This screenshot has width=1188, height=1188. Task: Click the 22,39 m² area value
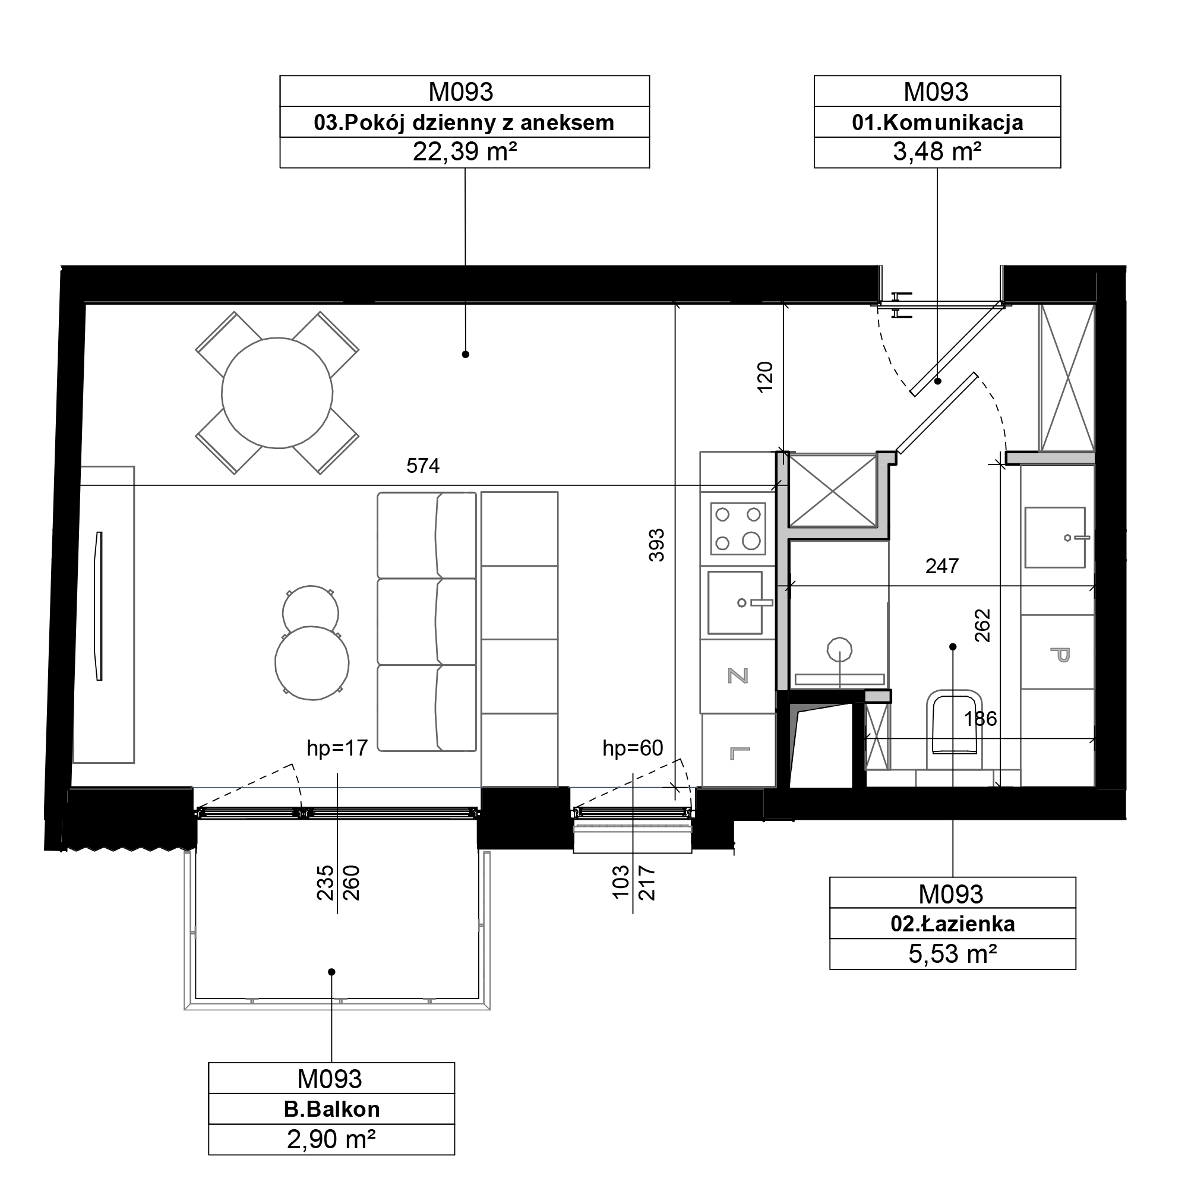tap(465, 151)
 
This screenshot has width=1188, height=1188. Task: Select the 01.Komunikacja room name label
tap(937, 122)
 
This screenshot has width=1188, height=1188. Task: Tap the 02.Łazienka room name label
tap(953, 924)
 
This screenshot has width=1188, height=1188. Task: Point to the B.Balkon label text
tap(331, 1108)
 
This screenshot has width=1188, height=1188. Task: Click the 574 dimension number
tap(422, 466)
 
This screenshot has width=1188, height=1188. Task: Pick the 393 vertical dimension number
tap(657, 545)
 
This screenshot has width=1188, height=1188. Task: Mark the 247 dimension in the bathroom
tap(941, 565)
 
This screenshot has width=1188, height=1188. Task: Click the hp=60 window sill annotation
tap(633, 748)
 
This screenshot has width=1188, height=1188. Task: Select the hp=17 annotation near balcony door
tap(337, 748)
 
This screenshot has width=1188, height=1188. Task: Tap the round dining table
tap(277, 393)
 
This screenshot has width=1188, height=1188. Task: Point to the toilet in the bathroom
tap(954, 722)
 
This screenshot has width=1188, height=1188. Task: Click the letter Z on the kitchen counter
tap(738, 676)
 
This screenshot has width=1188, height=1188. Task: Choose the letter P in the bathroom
tap(1060, 654)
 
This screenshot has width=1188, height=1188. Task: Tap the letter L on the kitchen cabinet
tap(739, 753)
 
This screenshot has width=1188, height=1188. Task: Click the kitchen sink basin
tap(735, 602)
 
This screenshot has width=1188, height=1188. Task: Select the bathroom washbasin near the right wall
tap(1054, 538)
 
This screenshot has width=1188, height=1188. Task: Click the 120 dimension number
tap(764, 377)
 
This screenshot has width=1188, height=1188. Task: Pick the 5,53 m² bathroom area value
tap(953, 954)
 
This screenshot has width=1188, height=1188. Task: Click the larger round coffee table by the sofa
tap(312, 663)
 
